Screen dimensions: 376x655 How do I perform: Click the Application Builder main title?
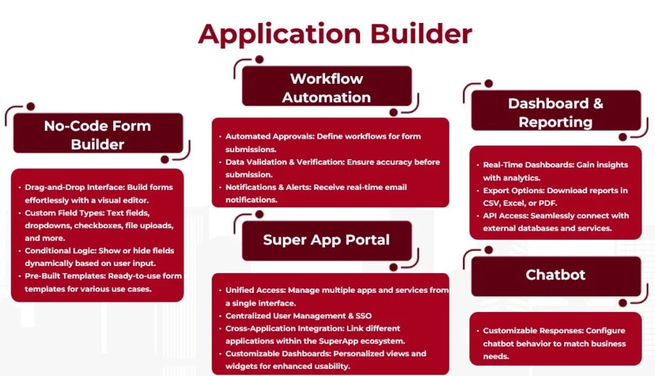(x=335, y=33)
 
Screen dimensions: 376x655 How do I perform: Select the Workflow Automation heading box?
(x=326, y=88)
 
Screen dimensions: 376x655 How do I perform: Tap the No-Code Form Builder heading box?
(x=98, y=134)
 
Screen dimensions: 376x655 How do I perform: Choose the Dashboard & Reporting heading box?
(x=555, y=112)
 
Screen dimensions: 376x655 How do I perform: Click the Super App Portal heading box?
(x=326, y=240)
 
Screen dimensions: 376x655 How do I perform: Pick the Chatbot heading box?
(x=555, y=275)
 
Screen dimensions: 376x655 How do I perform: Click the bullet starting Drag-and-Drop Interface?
(x=99, y=193)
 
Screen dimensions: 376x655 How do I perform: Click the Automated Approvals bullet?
(x=323, y=142)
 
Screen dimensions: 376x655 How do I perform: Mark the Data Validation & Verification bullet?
(x=333, y=168)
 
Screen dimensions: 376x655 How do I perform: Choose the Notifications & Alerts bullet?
(x=317, y=193)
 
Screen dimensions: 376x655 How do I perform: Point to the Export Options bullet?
(x=555, y=196)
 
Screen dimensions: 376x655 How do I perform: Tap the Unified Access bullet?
(x=336, y=296)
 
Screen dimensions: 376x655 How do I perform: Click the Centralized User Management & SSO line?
(x=299, y=316)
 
